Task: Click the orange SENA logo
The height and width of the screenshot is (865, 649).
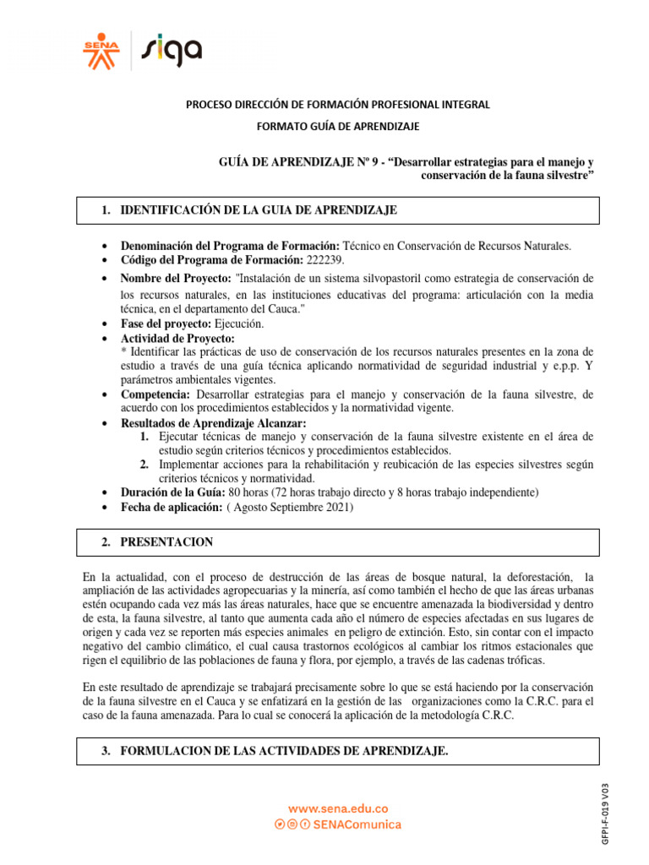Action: point(101,50)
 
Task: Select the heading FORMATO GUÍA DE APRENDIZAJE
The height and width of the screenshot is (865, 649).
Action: point(338,126)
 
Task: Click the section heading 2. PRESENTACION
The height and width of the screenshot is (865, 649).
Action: point(166,541)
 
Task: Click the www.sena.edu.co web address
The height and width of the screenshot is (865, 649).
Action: point(338,808)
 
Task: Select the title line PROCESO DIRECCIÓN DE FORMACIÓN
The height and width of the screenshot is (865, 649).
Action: point(338,104)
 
